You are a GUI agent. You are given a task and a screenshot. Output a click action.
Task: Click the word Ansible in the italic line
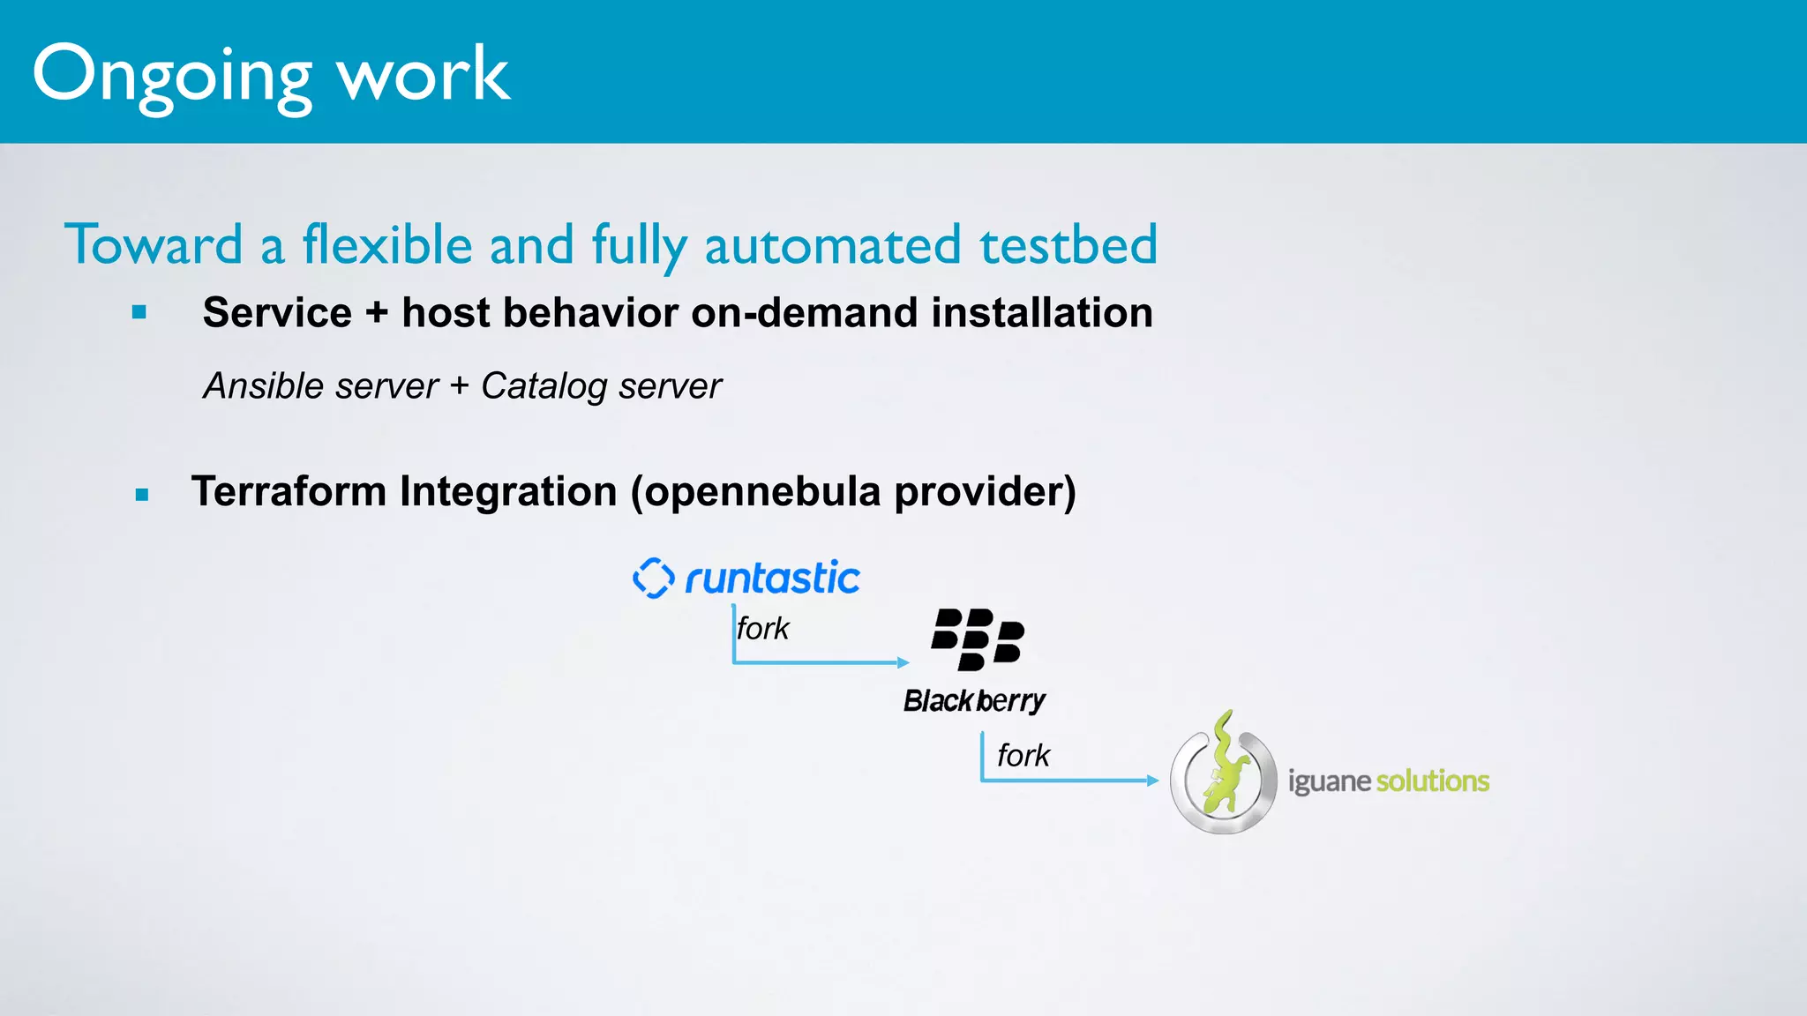pos(263,386)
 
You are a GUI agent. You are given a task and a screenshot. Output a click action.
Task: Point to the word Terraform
pos(288,491)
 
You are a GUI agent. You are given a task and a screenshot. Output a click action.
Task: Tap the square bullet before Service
pos(139,312)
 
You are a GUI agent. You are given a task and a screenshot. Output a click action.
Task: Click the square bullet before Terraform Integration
pos(142,495)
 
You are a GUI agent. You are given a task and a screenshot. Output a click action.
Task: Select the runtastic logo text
pos(772,579)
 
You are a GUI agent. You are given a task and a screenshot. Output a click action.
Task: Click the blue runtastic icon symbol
pos(654,579)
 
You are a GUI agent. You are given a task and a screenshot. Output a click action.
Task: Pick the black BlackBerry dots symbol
pos(978,639)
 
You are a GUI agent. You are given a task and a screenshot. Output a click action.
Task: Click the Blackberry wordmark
pos(974,700)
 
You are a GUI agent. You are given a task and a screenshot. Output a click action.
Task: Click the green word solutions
pos(1433,781)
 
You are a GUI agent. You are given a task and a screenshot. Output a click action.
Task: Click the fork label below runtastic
pos(762,629)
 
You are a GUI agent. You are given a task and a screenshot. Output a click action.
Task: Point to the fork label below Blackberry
pos(1023,756)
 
